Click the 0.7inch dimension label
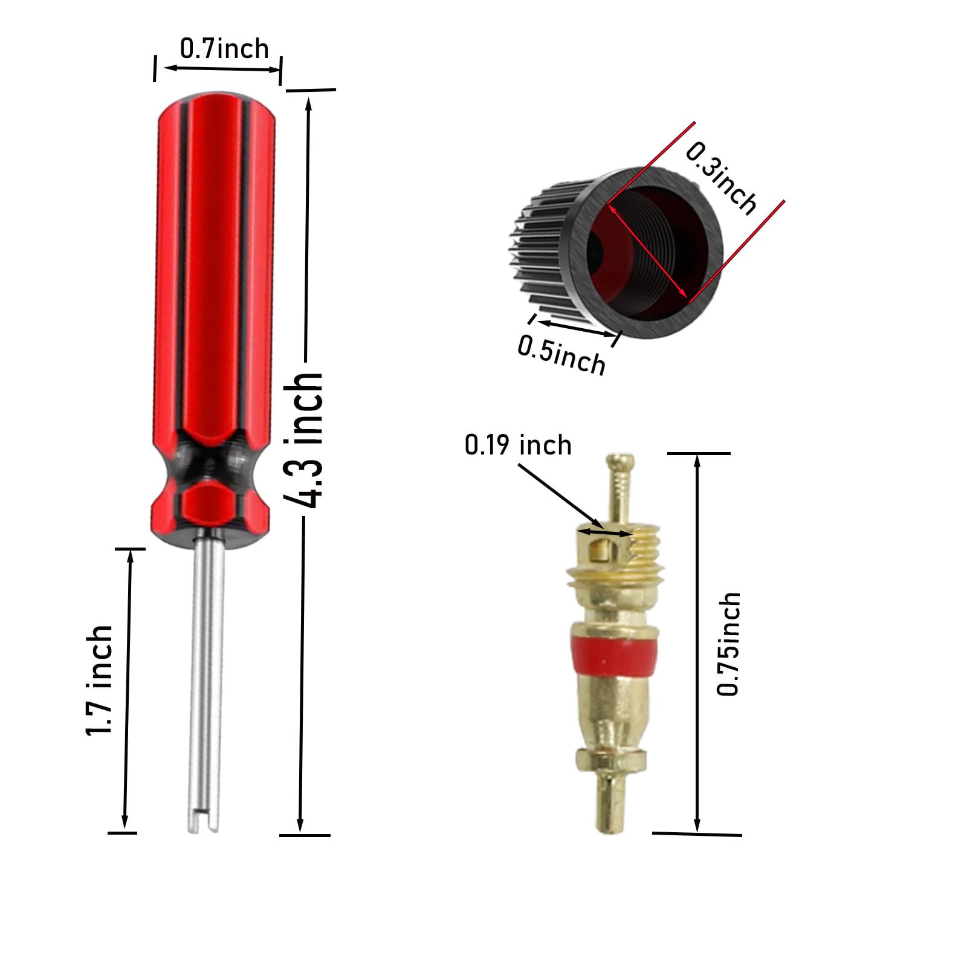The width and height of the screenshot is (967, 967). click(224, 48)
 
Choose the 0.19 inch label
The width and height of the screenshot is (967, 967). click(518, 445)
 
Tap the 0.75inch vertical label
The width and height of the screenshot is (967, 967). click(729, 644)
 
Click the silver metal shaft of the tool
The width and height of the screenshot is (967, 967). click(208, 683)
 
